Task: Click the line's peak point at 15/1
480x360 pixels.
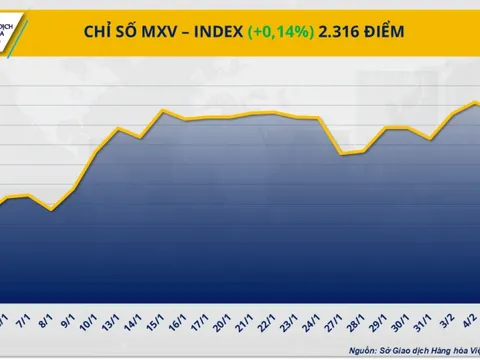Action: coord(163,110)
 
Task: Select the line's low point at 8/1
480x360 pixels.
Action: coord(52,209)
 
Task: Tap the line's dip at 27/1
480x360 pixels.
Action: coord(342,154)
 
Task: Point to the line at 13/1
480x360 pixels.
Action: coord(120,129)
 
